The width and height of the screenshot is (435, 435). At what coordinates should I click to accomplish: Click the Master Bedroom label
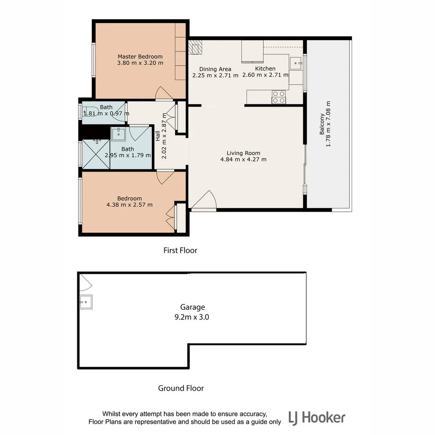coord(140,56)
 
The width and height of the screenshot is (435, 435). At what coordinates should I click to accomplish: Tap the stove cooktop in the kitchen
coord(279,97)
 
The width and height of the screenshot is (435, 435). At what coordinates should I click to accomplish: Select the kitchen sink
coord(296,62)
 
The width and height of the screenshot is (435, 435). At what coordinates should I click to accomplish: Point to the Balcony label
coord(322,124)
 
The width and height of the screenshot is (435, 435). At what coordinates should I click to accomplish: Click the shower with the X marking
coord(95,154)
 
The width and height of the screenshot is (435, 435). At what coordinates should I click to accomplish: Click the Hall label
coord(158,139)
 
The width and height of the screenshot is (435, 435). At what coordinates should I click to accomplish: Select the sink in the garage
coord(86,302)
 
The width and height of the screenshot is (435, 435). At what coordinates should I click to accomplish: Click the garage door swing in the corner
coord(85,283)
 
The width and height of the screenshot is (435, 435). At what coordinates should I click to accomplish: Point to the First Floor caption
coord(180,251)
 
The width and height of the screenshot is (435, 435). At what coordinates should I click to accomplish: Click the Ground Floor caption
coord(180,388)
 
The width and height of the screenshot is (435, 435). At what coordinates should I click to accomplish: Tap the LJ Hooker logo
coord(317,418)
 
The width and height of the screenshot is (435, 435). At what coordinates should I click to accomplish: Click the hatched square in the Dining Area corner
coord(196,47)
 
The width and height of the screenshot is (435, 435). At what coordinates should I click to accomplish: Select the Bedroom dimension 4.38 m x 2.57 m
coord(129,205)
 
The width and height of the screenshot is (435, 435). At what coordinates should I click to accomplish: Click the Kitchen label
coord(265,68)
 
